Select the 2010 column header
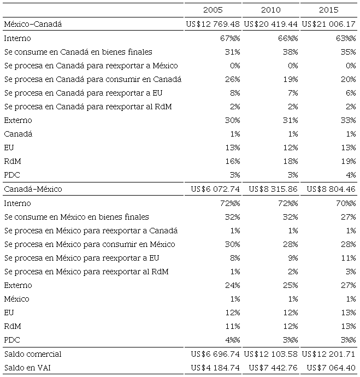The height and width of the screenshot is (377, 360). pos(270,10)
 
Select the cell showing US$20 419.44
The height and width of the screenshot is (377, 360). pos(271,24)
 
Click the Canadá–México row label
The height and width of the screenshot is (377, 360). pos(33,189)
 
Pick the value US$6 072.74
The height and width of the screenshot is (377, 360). pos(215,189)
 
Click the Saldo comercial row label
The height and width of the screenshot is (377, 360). pos(32,354)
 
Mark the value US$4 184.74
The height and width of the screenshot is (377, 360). pos(215,367)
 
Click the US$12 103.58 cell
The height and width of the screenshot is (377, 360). pos(271,354)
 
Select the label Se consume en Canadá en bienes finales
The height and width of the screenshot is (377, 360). pos(78,52)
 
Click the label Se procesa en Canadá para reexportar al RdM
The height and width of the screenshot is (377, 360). pos(88,107)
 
